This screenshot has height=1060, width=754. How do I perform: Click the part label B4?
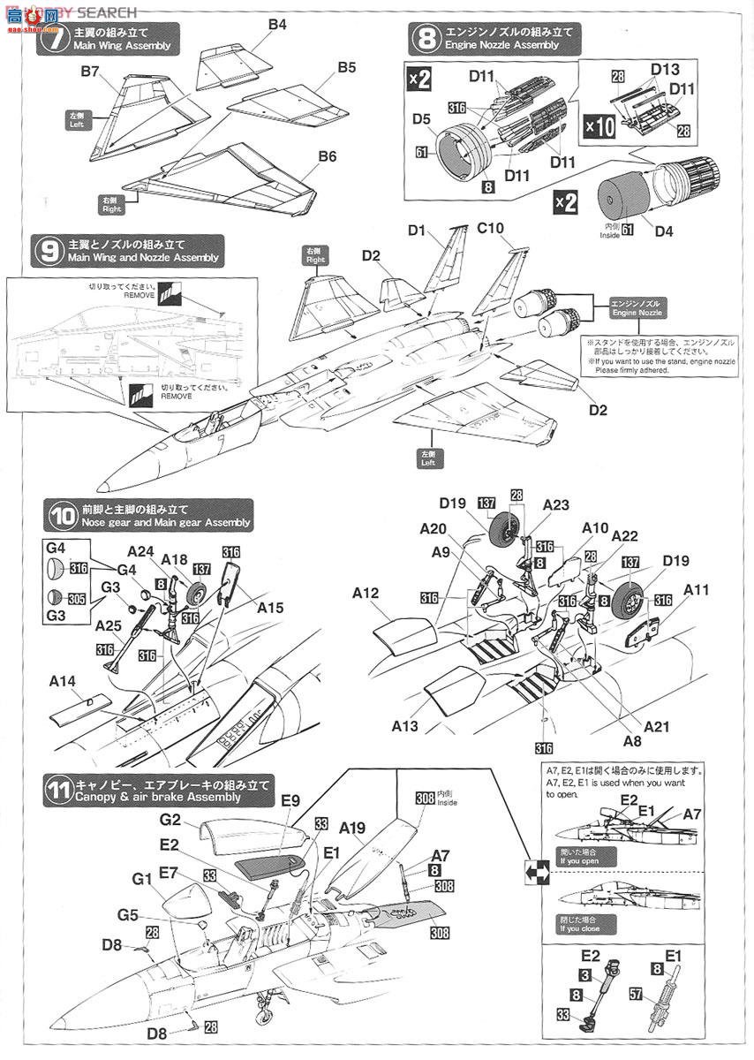click(x=277, y=25)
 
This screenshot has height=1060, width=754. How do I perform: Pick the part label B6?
click(x=327, y=156)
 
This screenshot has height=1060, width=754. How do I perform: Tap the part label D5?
click(x=420, y=120)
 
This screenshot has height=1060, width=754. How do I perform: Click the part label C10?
click(x=490, y=229)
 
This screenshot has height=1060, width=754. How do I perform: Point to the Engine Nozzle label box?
click(x=635, y=308)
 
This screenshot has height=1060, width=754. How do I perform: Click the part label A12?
click(x=365, y=594)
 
